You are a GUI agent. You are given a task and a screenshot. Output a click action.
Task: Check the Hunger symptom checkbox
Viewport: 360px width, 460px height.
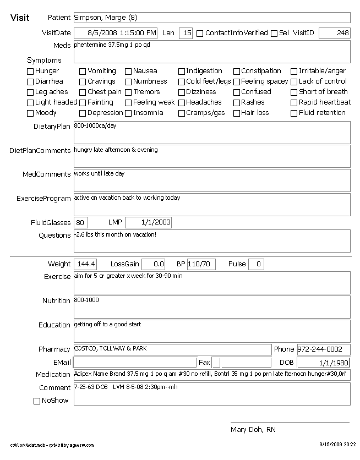click(30, 72)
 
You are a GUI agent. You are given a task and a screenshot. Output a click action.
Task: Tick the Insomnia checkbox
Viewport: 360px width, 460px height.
click(128, 113)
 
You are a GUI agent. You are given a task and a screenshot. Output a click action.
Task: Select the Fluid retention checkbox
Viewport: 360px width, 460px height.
click(294, 113)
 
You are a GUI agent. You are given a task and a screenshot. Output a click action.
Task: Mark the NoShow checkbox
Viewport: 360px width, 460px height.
click(37, 401)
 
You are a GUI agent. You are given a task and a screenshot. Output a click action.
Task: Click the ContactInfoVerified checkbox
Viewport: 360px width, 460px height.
click(200, 34)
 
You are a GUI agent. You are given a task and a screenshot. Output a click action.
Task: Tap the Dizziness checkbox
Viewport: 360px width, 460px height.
click(182, 92)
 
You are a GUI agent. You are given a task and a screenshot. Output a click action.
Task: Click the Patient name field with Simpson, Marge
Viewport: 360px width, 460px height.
click(211, 18)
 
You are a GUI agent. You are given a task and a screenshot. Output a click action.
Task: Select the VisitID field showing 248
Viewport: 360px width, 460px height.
click(334, 33)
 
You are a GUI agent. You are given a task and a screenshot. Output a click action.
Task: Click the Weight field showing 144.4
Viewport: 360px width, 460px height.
click(86, 264)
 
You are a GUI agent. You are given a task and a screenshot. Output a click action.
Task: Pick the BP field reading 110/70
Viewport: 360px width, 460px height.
click(201, 264)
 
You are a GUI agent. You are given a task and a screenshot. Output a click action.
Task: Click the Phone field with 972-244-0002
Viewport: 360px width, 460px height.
click(323, 349)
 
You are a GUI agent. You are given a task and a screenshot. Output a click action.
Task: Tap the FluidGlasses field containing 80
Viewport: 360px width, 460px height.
click(81, 222)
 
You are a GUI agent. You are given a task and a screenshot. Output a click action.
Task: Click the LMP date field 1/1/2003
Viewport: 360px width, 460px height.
click(148, 222)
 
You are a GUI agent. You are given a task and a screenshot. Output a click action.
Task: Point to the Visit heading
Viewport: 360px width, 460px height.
click(20, 18)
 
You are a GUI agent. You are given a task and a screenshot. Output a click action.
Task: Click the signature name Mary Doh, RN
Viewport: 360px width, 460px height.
click(253, 430)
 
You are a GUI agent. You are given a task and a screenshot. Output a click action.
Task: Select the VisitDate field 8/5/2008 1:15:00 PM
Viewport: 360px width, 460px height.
click(116, 33)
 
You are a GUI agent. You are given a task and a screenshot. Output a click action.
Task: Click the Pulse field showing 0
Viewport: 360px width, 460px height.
click(256, 264)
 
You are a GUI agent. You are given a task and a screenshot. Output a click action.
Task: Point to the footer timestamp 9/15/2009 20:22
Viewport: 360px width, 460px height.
click(337, 445)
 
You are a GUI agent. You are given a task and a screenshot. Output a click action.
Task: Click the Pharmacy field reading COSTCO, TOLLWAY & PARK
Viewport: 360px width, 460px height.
click(172, 349)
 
